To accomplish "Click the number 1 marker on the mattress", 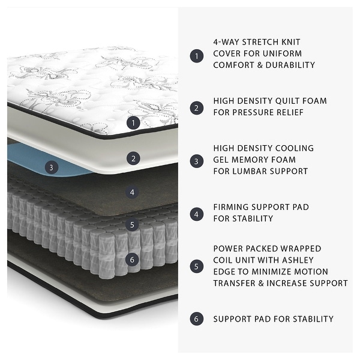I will (x=133, y=123).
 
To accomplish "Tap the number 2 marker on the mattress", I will (x=133, y=158).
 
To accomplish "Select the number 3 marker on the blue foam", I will (x=52, y=168).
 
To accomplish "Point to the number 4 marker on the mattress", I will (x=133, y=193).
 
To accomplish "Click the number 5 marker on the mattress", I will (x=133, y=226).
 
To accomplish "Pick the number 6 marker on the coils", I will (x=133, y=260).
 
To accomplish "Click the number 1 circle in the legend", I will (x=196, y=56).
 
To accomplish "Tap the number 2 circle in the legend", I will (x=196, y=108).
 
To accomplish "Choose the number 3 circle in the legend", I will (x=196, y=161).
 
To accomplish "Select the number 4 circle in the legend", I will (x=196, y=214).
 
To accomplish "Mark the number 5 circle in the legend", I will (x=196, y=266).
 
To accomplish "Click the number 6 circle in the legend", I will (x=196, y=319).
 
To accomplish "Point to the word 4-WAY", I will (x=227, y=43).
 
